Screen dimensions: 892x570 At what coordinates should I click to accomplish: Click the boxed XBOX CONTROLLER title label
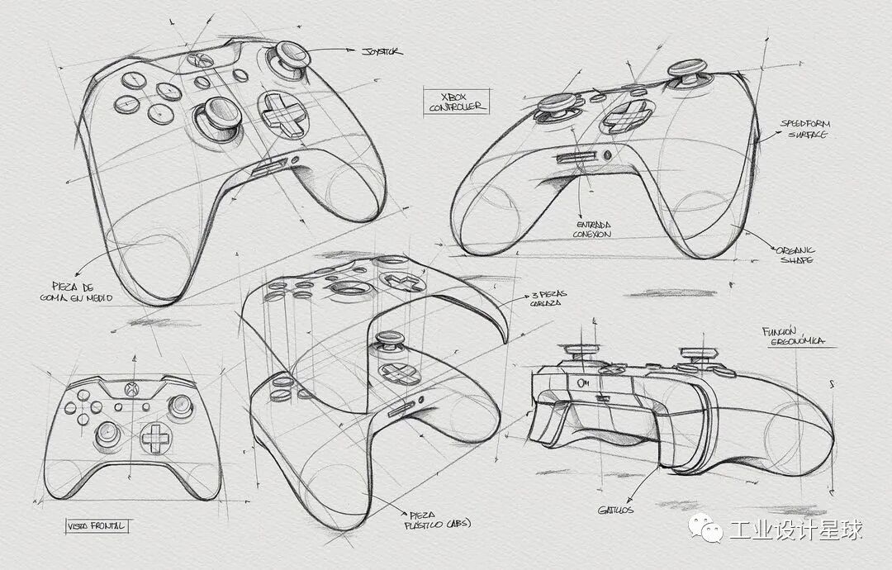[x=456, y=101]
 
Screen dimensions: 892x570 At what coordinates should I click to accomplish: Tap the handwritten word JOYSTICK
[x=382, y=51]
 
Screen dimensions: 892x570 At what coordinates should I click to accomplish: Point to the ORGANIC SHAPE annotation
[x=795, y=254]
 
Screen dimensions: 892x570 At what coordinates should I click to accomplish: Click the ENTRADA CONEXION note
[x=592, y=229]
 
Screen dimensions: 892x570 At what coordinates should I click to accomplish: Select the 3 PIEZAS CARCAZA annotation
[x=546, y=298]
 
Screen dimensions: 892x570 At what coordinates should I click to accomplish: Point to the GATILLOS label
[x=616, y=510]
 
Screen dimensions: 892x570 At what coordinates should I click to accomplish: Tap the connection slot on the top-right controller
[x=574, y=157]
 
